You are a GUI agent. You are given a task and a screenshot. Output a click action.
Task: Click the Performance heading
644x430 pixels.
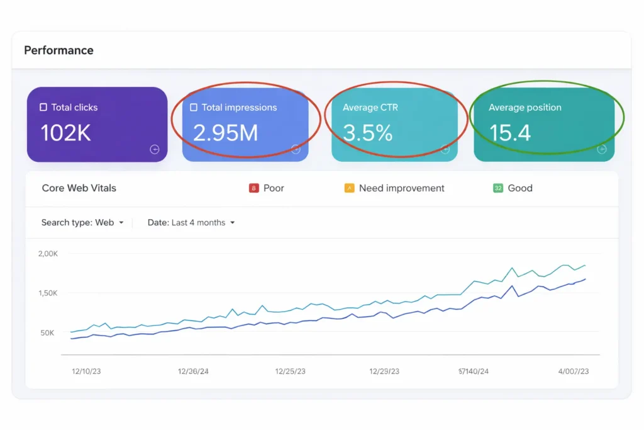(58, 50)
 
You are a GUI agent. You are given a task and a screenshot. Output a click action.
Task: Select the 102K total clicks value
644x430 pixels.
(66, 133)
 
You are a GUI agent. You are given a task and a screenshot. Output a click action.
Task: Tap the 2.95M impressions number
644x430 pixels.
(226, 133)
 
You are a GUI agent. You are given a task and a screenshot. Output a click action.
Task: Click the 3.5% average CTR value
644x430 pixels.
(368, 133)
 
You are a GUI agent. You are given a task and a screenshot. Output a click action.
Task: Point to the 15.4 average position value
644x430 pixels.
(510, 133)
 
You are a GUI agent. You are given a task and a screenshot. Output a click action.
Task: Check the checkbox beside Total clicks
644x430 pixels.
(43, 108)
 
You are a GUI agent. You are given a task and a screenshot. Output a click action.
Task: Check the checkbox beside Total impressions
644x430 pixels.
(194, 108)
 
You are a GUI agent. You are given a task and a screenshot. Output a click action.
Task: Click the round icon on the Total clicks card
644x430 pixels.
(155, 149)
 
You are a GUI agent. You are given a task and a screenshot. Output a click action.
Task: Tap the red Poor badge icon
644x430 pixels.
(254, 188)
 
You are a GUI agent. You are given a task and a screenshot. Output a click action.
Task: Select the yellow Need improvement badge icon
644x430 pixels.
(349, 188)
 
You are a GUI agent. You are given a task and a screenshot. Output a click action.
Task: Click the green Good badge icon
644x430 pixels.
(498, 188)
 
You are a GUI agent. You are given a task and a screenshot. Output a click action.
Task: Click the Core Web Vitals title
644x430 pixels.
(79, 188)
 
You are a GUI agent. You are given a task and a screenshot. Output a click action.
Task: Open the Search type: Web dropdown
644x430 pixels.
(82, 223)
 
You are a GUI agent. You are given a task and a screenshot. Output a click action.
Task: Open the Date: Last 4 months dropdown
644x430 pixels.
(191, 223)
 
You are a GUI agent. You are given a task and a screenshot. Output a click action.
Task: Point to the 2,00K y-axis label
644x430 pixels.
(48, 254)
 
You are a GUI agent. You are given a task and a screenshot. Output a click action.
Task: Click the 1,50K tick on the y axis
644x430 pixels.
(48, 293)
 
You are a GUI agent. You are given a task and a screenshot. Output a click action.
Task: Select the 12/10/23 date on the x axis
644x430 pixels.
(86, 371)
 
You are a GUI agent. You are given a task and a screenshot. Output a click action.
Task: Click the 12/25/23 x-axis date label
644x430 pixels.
(290, 371)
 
